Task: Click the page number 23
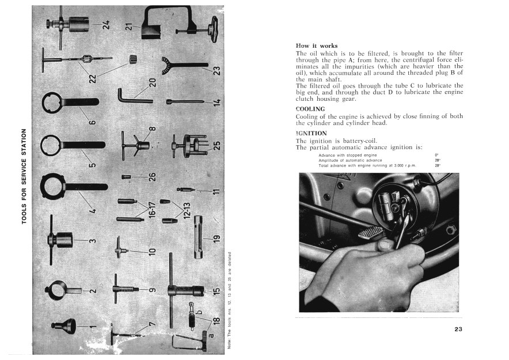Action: click(x=458, y=329)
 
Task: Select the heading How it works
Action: click(x=316, y=46)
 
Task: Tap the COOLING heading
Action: click(x=310, y=108)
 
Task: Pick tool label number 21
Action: click(x=129, y=27)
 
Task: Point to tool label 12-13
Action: click(x=187, y=212)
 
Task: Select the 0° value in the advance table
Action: click(x=436, y=155)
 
